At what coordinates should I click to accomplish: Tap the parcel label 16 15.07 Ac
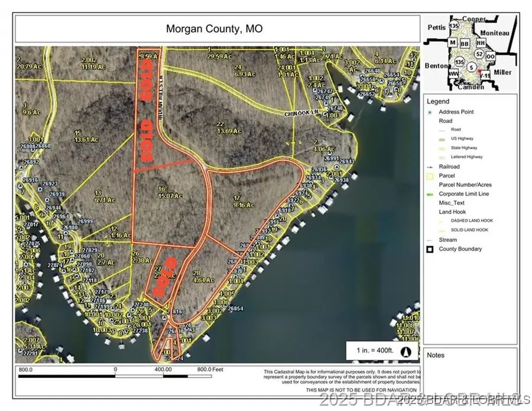(163, 193)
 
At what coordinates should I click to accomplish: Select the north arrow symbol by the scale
(406, 351)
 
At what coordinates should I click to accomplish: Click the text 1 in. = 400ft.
(375, 351)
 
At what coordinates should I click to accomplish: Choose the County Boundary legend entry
(460, 249)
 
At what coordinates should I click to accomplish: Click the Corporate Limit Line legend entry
(463, 194)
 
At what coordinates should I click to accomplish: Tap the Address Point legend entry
(456, 112)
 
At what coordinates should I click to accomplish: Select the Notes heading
(436, 355)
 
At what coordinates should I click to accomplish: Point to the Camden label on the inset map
(470, 87)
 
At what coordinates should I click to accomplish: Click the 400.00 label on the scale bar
(163, 370)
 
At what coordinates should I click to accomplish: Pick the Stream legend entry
(447, 240)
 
